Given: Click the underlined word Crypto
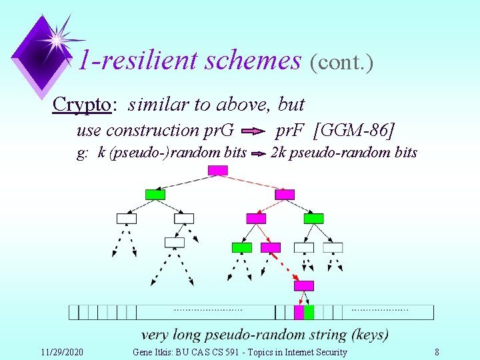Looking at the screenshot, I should pos(81,105).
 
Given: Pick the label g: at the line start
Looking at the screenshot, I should pos(84,153).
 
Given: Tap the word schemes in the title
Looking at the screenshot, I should pos(253,61).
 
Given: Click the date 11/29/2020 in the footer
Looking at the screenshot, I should pos(62,352).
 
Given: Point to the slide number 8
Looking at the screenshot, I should pos(437,352).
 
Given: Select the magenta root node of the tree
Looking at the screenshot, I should pos(217,170).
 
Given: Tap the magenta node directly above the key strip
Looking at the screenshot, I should pos(304,286).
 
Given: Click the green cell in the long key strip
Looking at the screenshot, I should pos(309,312).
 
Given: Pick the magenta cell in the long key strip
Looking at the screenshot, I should pos(299,312).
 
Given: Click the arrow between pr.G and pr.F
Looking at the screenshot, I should pos(252,131).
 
